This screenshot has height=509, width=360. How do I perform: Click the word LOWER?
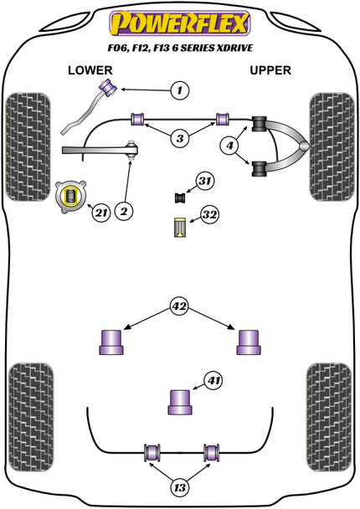[x=90, y=70]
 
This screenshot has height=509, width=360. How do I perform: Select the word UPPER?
[x=270, y=70]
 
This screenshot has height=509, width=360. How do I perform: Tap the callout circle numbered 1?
[x=179, y=90]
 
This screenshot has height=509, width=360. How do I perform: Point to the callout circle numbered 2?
[x=123, y=212]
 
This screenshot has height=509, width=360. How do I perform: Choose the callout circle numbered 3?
[x=179, y=137]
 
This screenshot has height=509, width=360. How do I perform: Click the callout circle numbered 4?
[x=228, y=147]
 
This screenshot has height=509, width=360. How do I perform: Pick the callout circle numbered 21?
[x=101, y=213]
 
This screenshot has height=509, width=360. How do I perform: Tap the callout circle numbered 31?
[x=204, y=181]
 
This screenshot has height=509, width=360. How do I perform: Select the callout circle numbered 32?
[x=208, y=216]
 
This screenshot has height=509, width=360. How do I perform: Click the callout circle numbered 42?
[x=179, y=306]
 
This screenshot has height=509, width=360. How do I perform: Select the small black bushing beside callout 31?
[x=178, y=198]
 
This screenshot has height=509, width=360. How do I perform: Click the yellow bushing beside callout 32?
[x=178, y=227]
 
